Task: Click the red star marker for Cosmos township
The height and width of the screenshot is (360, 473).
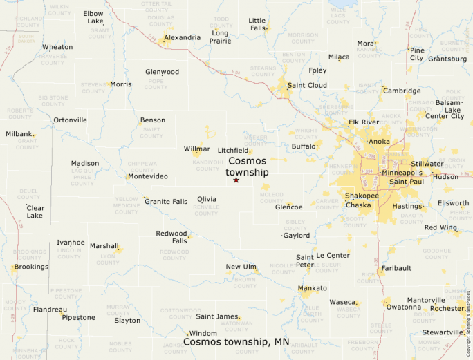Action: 236,180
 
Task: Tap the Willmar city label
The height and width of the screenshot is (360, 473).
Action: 197,149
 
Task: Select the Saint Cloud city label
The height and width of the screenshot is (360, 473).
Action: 307,85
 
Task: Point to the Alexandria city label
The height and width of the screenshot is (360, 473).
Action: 183,37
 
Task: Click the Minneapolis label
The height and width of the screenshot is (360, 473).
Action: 402,173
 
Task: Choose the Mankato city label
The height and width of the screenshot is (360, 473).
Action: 312,288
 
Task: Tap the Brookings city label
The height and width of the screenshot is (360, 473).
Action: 31,267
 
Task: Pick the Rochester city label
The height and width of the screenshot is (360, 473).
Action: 446,308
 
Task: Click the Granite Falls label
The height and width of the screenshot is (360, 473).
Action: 166,202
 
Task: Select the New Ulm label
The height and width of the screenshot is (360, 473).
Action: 241,267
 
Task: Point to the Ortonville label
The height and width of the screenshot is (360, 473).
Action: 71,120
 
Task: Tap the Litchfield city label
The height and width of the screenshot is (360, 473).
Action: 233,150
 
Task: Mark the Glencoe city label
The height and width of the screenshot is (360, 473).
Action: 289,207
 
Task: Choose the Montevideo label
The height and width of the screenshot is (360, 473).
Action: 148,176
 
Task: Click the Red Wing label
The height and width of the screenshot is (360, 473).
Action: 440,227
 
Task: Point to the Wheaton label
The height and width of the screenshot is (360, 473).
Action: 57,47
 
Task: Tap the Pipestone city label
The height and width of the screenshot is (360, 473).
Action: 78,318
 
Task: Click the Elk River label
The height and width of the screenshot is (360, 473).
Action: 364,122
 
